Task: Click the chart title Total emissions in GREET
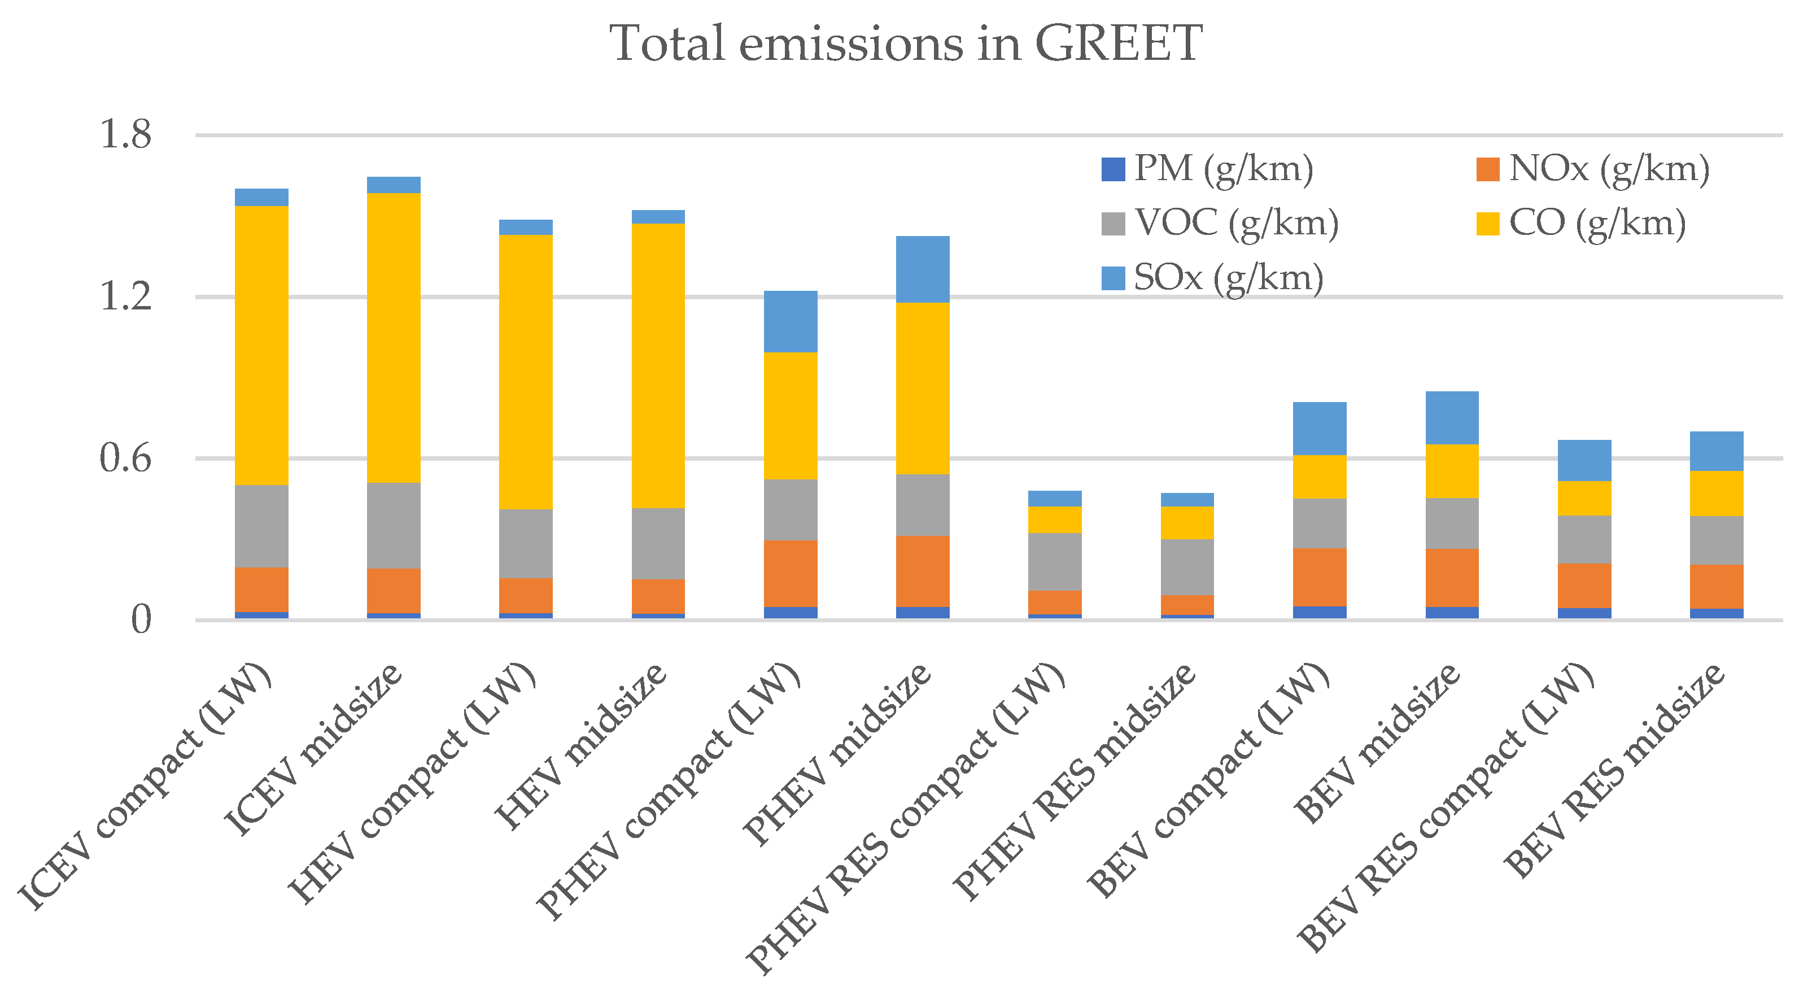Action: click(905, 43)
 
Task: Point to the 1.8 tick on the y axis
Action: click(126, 134)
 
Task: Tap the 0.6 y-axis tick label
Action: click(126, 459)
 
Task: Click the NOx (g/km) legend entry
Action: click(1592, 169)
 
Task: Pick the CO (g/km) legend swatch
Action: click(1487, 224)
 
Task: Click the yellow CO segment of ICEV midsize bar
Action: click(393, 337)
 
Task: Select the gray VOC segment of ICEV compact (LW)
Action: click(261, 526)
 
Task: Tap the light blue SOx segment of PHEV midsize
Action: click(923, 269)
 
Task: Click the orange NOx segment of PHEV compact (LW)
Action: click(791, 573)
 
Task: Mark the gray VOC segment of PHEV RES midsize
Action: click(1187, 566)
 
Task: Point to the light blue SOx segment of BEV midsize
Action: click(1452, 418)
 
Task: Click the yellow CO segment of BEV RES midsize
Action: click(1717, 493)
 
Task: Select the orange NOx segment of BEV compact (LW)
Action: click(1319, 577)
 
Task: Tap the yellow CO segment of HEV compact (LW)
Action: click(526, 372)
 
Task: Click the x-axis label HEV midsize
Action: click(580, 747)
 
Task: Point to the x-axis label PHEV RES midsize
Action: click(1076, 782)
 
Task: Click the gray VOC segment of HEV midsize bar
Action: click(658, 543)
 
